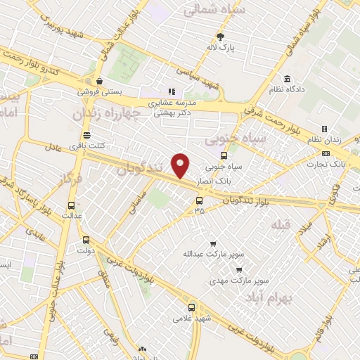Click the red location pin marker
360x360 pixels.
pyautogui.click(x=181, y=165)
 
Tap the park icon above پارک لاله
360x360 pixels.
pyautogui.click(x=220, y=37)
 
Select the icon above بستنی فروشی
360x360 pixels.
pyautogui.click(x=100, y=80)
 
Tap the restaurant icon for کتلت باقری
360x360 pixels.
pyautogui.click(x=86, y=135)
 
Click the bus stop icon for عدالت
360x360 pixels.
pyautogui.click(x=70, y=206)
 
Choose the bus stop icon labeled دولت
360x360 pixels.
pyautogui.click(x=86, y=239)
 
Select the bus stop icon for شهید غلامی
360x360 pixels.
pyautogui.click(x=192, y=307)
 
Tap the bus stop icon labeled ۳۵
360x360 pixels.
pyautogui.click(x=199, y=200)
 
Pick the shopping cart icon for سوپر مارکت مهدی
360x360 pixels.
pyautogui.click(x=239, y=269)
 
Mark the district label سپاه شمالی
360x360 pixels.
pyautogui.click(x=223, y=11)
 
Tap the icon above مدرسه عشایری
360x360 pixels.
pyautogui.click(x=169, y=91)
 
